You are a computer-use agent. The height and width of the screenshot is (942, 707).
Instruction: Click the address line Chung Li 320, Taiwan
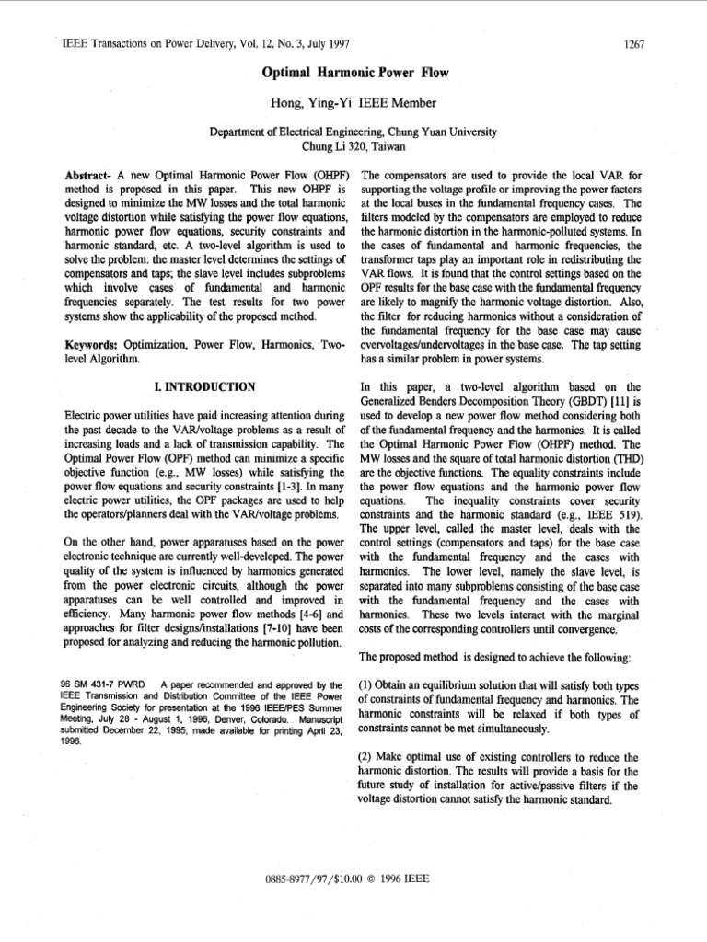353,145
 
